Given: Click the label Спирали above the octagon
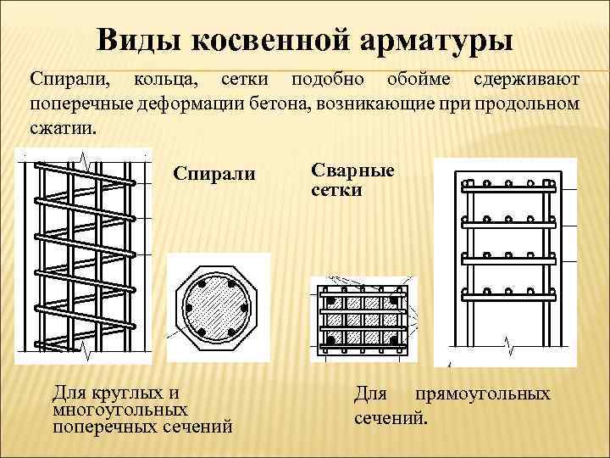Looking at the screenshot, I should [x=214, y=173].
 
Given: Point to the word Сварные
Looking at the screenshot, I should [x=353, y=170].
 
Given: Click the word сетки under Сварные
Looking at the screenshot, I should [x=337, y=189].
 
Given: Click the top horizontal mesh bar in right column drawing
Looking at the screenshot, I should [x=507, y=182].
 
